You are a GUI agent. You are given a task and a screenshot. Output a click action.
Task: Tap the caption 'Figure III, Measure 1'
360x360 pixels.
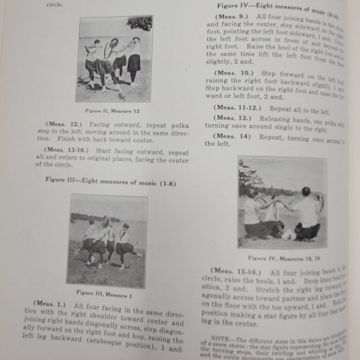[x=107, y=293]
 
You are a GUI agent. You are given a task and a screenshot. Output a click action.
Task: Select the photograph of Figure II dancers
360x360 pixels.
[x=114, y=59]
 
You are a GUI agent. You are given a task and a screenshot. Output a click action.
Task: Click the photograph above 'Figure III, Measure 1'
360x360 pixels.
[x=107, y=240]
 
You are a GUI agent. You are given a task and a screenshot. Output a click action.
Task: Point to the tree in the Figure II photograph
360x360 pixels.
[x=140, y=25]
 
